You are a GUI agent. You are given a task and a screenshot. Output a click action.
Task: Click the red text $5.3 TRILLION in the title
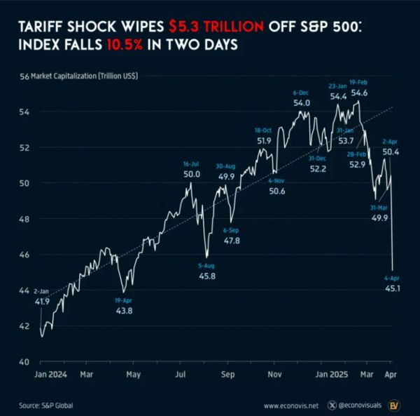(x=216, y=27)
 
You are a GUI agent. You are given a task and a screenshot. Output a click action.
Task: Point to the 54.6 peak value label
(x=359, y=92)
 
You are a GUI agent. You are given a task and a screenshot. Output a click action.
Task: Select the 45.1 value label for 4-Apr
(x=393, y=288)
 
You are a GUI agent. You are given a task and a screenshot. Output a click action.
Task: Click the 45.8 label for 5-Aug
(x=206, y=276)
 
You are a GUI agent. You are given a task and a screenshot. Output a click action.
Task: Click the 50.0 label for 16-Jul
(x=192, y=174)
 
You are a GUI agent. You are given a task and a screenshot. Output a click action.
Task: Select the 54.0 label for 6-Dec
(x=301, y=102)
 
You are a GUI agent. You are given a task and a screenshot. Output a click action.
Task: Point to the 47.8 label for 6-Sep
(x=231, y=241)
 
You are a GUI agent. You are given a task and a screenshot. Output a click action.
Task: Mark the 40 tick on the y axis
(x=23, y=362)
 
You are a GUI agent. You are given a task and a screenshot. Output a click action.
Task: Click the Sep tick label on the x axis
(x=227, y=375)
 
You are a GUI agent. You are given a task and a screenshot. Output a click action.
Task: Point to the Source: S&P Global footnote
(x=45, y=405)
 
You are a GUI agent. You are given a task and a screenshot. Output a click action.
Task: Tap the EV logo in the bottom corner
(x=395, y=405)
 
